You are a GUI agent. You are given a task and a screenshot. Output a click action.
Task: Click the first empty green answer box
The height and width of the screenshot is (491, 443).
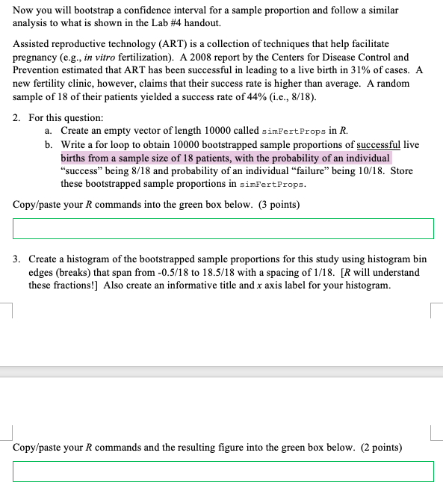223,228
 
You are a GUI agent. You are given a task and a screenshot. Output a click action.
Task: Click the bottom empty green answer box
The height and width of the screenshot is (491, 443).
223,471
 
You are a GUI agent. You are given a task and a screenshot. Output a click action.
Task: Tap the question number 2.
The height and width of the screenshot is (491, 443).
18,118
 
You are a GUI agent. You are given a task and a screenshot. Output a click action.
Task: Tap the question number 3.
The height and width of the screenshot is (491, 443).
18,260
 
